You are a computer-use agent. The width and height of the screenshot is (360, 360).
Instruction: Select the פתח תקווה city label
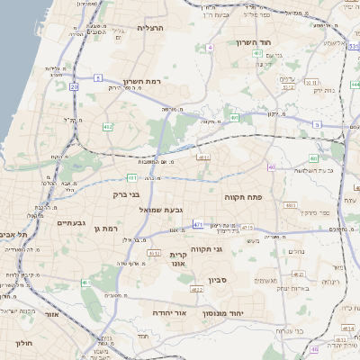pyautogui.click(x=244, y=195)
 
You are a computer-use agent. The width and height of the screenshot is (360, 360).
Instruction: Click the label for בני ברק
pyautogui.click(x=127, y=193)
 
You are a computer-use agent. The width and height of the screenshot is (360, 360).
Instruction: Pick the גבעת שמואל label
pyautogui.click(x=161, y=210)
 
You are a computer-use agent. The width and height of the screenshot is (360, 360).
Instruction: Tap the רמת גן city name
pyautogui.click(x=106, y=229)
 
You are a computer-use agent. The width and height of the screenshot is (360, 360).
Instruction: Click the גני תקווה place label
pyautogui.click(x=207, y=248)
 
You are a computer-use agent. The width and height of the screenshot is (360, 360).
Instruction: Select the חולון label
pyautogui.click(x=24, y=343)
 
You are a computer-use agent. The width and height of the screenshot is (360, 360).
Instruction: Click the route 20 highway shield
pyautogui.click(x=74, y=87)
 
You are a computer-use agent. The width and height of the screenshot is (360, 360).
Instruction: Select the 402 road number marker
pyautogui.click(x=258, y=53)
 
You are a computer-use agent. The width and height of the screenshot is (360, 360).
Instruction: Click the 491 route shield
pyautogui.click(x=234, y=117)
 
